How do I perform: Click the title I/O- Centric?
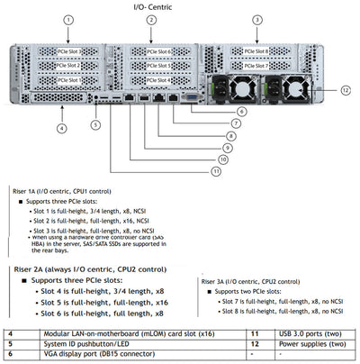coord(180,6)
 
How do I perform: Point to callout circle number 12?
coord(346,89)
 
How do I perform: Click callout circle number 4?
coord(61,128)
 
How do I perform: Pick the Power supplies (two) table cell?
coord(304,343)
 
